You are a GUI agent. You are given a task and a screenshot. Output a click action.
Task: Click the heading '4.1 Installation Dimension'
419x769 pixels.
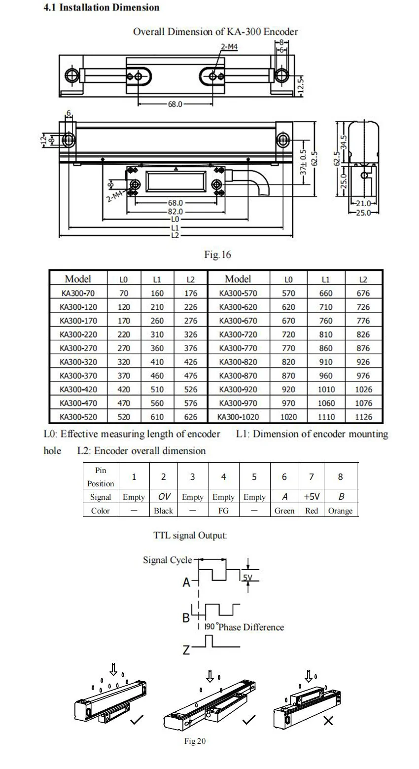(x=101, y=7)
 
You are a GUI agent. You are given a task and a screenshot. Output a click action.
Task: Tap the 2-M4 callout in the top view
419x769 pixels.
(x=229, y=47)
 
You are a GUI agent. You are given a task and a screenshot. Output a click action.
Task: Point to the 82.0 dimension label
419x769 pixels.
(x=175, y=211)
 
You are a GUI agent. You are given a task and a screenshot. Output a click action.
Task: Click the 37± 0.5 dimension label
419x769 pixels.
(x=304, y=162)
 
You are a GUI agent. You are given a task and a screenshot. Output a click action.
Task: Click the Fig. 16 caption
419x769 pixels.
(x=217, y=255)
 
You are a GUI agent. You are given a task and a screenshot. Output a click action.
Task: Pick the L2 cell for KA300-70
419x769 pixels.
(x=190, y=293)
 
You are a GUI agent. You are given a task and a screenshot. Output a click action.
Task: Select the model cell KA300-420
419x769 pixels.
(x=78, y=389)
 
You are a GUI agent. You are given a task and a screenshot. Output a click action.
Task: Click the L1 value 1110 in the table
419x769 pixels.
(x=326, y=417)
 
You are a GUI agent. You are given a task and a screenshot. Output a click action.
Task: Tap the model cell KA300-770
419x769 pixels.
(x=238, y=348)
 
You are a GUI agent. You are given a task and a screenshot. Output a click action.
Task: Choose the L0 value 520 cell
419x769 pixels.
(x=124, y=417)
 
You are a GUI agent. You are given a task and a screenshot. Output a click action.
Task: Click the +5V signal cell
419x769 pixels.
(x=312, y=497)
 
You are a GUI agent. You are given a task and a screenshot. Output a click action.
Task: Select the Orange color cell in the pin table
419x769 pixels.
(x=340, y=511)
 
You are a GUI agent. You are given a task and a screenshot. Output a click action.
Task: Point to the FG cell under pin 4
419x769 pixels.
(x=223, y=511)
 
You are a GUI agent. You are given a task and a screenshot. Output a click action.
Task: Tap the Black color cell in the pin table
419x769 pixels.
(x=163, y=511)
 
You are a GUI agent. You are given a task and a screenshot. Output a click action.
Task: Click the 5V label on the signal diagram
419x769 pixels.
(x=247, y=578)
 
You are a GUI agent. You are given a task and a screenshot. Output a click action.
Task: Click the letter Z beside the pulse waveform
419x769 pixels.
(x=186, y=650)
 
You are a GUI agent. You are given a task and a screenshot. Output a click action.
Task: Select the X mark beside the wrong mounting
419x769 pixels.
(x=328, y=721)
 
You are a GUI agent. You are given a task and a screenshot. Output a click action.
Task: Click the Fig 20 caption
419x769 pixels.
(x=195, y=741)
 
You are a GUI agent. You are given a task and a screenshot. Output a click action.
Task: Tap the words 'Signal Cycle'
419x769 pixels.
(x=168, y=560)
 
